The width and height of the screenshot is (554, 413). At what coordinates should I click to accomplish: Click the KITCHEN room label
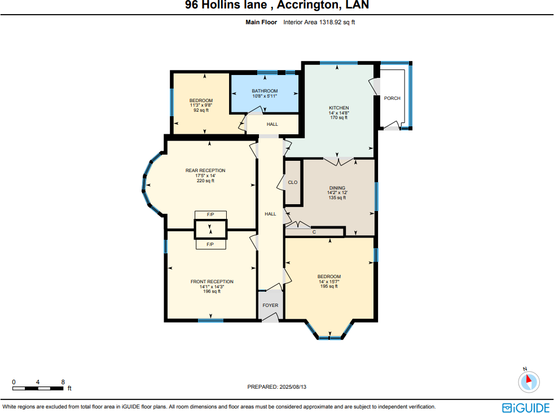(x=339, y=108)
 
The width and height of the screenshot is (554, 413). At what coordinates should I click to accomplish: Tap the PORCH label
(x=392, y=98)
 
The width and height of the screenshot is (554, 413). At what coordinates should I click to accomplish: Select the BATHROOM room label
(x=265, y=91)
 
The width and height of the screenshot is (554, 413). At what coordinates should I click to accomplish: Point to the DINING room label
(x=337, y=188)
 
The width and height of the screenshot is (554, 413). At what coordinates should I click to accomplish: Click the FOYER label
(x=270, y=305)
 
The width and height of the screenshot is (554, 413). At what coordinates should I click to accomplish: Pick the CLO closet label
(x=292, y=182)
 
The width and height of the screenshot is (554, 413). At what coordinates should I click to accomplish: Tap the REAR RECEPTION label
(x=205, y=170)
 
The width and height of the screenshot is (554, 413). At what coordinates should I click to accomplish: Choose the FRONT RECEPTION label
(x=212, y=282)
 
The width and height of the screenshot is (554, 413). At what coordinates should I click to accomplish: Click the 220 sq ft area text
(x=205, y=181)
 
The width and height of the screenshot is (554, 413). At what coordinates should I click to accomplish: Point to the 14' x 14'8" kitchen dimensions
(x=339, y=113)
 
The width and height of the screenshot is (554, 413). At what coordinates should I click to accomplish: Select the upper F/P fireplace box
(x=210, y=215)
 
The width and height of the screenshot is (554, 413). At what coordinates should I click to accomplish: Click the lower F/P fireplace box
(x=210, y=244)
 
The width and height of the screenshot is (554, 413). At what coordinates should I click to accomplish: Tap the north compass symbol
(x=529, y=381)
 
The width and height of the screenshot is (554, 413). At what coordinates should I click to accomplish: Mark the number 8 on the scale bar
(x=63, y=382)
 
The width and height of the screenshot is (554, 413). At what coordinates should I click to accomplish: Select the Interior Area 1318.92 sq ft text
(x=319, y=23)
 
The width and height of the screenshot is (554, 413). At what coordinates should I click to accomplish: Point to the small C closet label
(x=314, y=232)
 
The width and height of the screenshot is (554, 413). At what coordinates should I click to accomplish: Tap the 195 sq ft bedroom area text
(x=329, y=287)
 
